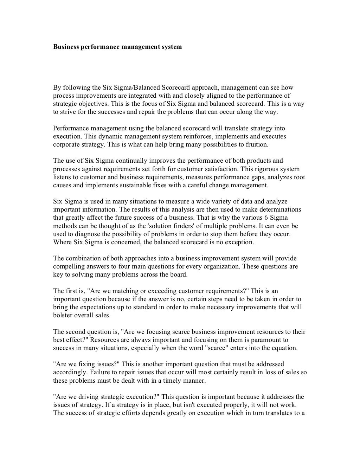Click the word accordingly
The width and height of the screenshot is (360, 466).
70,373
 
